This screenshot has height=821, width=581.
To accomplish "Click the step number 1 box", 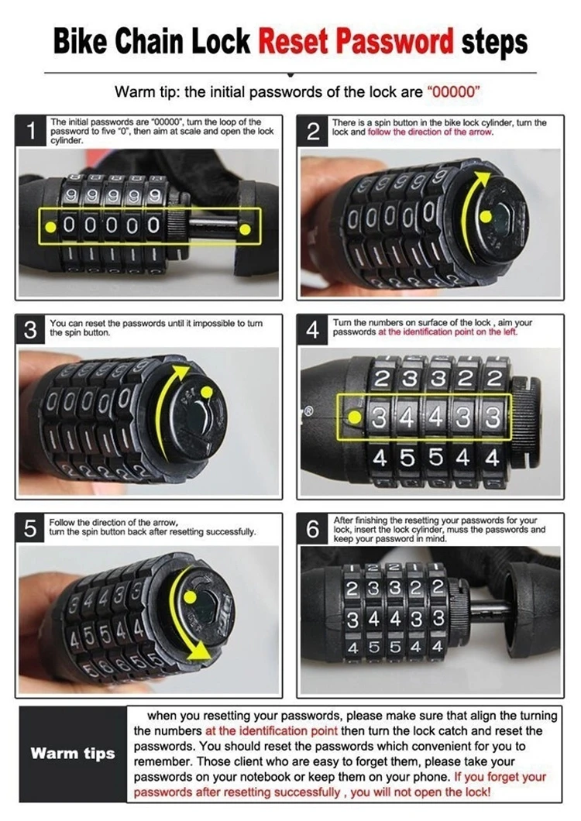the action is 31,131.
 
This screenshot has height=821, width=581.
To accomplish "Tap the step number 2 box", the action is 313,131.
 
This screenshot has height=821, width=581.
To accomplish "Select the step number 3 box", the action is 31,330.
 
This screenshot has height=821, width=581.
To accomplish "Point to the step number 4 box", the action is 313,330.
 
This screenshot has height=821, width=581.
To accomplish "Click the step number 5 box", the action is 31,529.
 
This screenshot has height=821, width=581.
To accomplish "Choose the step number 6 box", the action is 313,529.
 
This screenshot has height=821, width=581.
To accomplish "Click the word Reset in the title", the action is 294,41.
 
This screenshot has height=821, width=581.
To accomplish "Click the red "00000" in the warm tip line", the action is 454,92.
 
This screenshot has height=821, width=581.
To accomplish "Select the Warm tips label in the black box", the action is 73,754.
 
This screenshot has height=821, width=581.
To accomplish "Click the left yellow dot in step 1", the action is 50,227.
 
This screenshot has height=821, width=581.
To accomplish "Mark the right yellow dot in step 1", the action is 244,229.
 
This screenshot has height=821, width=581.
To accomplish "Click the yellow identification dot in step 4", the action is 355,417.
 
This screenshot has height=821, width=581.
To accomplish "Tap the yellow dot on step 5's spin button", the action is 191,597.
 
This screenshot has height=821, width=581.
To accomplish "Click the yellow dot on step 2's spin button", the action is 486,216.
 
